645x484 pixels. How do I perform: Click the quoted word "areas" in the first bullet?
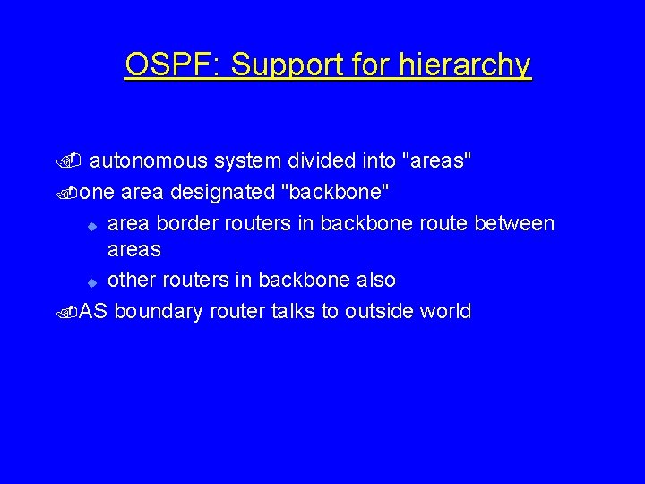[438, 161]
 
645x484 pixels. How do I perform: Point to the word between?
[515, 222]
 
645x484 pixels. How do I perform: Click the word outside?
[375, 311]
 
